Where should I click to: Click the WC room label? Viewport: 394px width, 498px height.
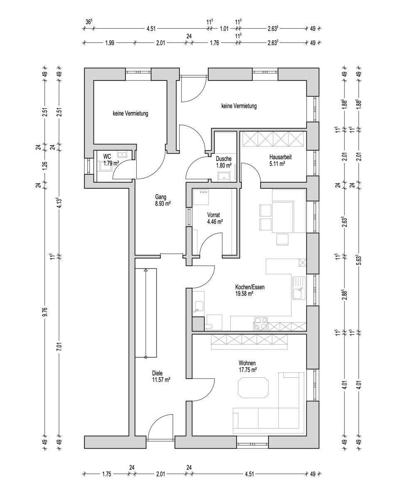[x=111, y=160]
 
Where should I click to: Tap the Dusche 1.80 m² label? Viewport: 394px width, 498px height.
[x=224, y=162]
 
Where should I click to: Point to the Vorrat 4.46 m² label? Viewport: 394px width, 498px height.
[x=215, y=218]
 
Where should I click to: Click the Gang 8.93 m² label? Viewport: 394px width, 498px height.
[x=163, y=200]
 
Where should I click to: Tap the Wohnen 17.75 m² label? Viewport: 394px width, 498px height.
[x=248, y=366]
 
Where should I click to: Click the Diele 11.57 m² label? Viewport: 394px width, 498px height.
[x=161, y=376]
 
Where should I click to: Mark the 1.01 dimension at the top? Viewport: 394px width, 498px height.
[x=224, y=29]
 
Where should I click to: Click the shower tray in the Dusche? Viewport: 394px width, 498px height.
[x=224, y=176]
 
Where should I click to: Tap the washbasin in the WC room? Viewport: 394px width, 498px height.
[x=122, y=154]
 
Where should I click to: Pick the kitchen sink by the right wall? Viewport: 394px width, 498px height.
[x=299, y=288]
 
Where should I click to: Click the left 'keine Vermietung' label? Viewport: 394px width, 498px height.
[x=131, y=113]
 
